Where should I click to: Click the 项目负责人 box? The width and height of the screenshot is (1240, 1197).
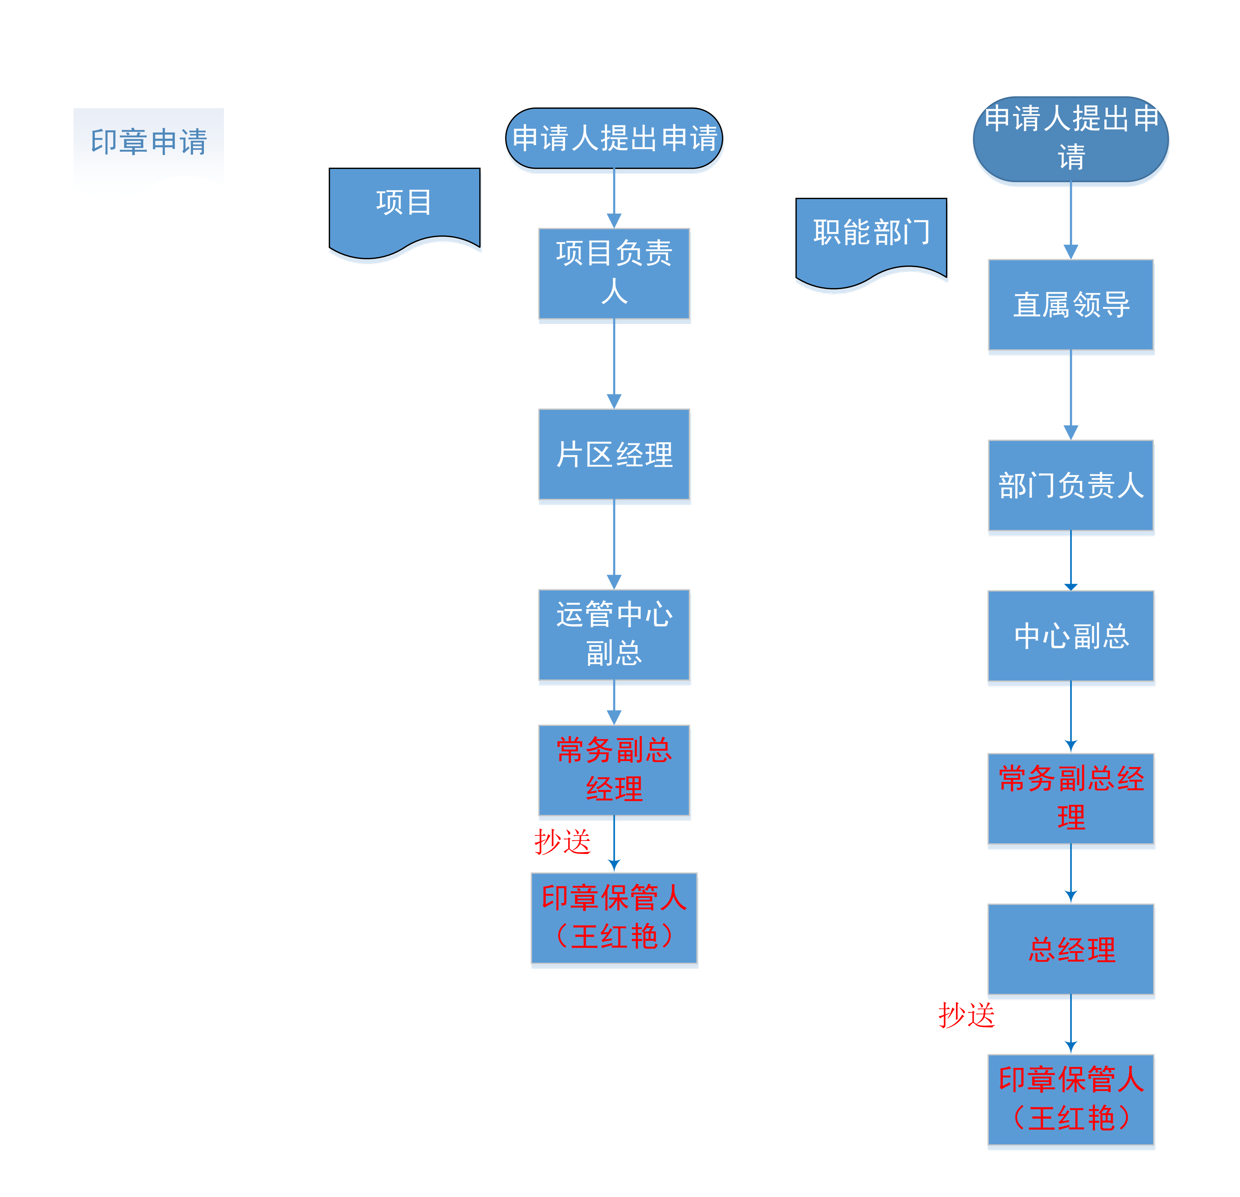(614, 273)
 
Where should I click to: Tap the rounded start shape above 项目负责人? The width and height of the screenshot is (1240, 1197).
(614, 138)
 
